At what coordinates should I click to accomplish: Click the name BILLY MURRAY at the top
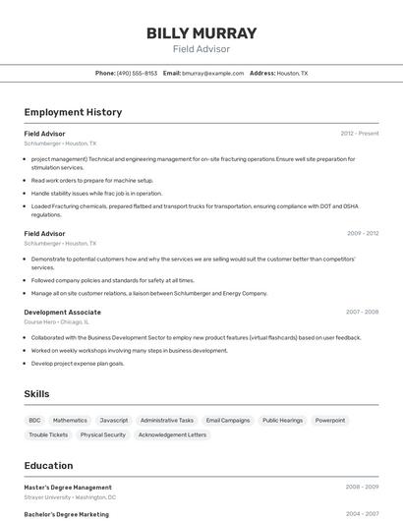point(201,32)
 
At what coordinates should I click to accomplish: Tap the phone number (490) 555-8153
point(137,73)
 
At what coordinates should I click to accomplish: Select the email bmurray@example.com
point(212,73)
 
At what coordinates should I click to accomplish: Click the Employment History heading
point(73,112)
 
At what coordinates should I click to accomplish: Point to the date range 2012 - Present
point(359,134)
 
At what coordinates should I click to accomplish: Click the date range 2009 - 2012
point(362,234)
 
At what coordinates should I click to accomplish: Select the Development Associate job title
point(63,313)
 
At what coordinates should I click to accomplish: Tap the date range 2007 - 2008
point(362,313)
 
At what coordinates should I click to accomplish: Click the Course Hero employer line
point(56,321)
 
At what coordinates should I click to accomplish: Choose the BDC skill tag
point(34,420)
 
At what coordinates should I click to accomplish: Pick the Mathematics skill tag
point(70,420)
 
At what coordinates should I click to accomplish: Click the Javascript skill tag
point(114,420)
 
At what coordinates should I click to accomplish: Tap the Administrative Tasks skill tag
point(167,420)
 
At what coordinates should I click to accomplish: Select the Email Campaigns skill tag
point(228,420)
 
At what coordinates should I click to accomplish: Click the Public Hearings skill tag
point(282,420)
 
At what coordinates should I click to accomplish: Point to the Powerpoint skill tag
point(330,420)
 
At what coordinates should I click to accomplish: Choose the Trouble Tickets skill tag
point(48,434)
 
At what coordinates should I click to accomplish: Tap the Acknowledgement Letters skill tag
point(172,434)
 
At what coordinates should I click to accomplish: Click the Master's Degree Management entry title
point(68,488)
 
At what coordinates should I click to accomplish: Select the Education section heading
point(48,466)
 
